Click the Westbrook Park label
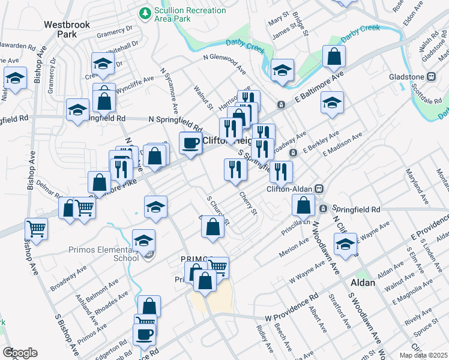click(61, 29)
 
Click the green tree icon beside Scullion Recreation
click(145, 12)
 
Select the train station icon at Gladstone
click(430, 77)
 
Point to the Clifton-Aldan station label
click(290, 188)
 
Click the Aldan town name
click(363, 282)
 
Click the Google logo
click(19, 353)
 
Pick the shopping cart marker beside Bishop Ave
click(36, 229)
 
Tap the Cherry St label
click(248, 204)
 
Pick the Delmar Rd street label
click(49, 189)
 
